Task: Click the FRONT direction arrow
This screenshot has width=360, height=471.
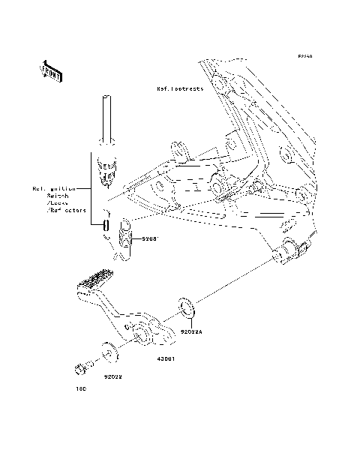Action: click(51, 70)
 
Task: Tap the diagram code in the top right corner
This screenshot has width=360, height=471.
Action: click(304, 56)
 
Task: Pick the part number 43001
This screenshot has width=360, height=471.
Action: click(166, 358)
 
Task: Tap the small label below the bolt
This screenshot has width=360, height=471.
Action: click(81, 389)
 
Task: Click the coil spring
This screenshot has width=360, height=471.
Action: click(125, 240)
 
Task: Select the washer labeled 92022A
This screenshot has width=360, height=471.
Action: click(187, 307)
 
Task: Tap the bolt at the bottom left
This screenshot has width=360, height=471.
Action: click(81, 367)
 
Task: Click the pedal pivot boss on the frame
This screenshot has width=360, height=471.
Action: click(289, 253)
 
